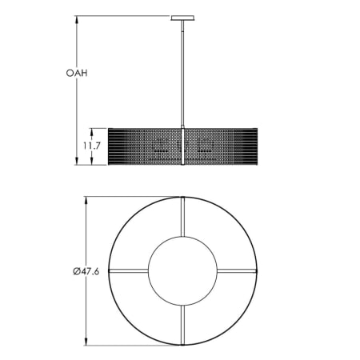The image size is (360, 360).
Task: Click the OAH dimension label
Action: (77, 73)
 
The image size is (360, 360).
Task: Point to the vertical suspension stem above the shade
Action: (183, 72)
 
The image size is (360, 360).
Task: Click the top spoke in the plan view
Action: (183, 216)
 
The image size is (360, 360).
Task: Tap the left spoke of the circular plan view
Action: (128, 271)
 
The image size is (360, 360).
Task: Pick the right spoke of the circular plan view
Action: (238, 271)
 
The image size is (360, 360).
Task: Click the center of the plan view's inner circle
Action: (183, 271)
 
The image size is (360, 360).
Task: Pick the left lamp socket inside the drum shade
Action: (161, 146)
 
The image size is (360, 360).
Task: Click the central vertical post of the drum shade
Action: (183, 146)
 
